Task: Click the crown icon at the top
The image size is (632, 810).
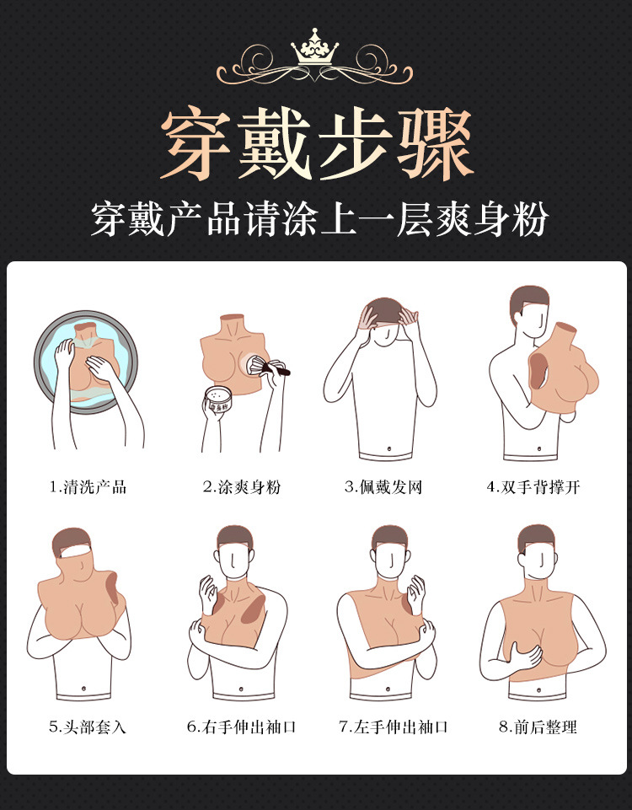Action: [x=314, y=46]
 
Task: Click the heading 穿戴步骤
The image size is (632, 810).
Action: [x=317, y=144]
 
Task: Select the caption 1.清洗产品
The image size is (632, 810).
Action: [x=88, y=486]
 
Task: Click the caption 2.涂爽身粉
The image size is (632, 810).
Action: [x=241, y=486]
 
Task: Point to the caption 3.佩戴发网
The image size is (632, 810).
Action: [x=383, y=486]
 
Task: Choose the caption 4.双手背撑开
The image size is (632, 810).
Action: [x=533, y=486]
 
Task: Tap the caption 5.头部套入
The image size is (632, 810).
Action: [x=88, y=727]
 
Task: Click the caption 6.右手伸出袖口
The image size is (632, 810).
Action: [x=241, y=727]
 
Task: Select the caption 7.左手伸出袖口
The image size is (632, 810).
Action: [x=394, y=727]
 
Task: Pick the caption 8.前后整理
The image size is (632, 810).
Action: [x=538, y=727]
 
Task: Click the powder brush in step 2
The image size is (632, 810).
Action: [x=268, y=366]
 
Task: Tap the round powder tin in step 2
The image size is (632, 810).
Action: [x=218, y=398]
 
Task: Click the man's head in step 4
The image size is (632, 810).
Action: [x=529, y=312]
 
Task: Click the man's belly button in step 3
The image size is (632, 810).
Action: [x=388, y=448]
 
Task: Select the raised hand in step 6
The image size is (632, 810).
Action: [x=208, y=594]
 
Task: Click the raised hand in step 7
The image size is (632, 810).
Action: [x=416, y=594]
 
